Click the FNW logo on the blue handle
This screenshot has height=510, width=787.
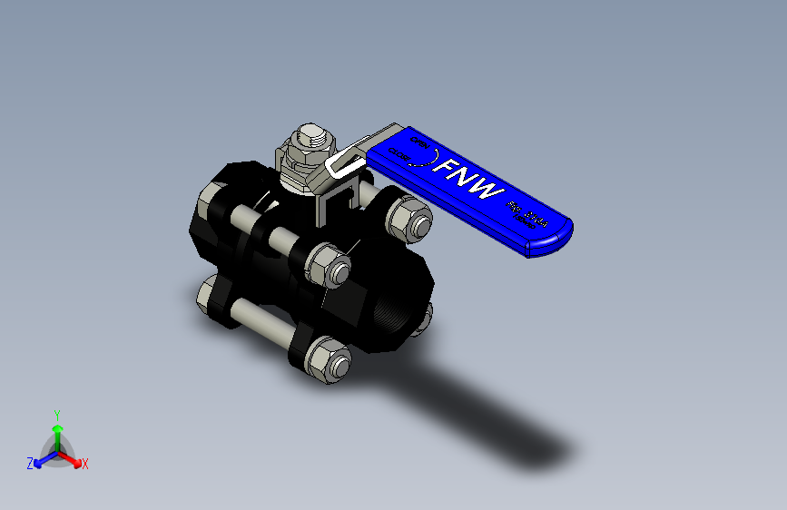click(x=468, y=180)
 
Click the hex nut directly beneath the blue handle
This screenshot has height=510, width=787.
click(x=408, y=218)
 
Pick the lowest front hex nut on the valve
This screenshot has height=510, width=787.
click(x=326, y=360)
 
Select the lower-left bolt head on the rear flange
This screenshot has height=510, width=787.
click(x=208, y=295)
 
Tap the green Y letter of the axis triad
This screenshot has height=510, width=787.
click(x=56, y=413)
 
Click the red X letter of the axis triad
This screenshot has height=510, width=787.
click(x=85, y=465)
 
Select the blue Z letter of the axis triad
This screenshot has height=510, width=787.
click(x=30, y=464)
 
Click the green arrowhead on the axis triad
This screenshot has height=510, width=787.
click(x=56, y=428)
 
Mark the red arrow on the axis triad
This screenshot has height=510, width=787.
click(x=73, y=457)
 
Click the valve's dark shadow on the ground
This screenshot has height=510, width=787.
click(x=490, y=417)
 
